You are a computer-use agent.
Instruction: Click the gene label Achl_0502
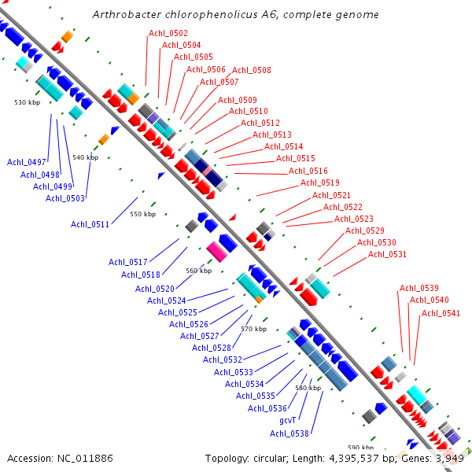coord(168,33)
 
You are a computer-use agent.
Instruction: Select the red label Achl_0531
coord(387,254)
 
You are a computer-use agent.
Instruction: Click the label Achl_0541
coord(441,313)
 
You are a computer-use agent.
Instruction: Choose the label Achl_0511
coord(90,225)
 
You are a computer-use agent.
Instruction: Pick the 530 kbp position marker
coord(27,102)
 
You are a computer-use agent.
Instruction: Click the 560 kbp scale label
coord(198,271)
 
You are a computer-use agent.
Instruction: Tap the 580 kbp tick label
coord(308,388)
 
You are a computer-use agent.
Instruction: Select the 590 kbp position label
coord(361,447)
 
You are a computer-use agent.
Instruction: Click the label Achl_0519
coord(319,183)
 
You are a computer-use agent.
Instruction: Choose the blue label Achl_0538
coord(289,433)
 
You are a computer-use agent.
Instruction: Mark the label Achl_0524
coord(167,301)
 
